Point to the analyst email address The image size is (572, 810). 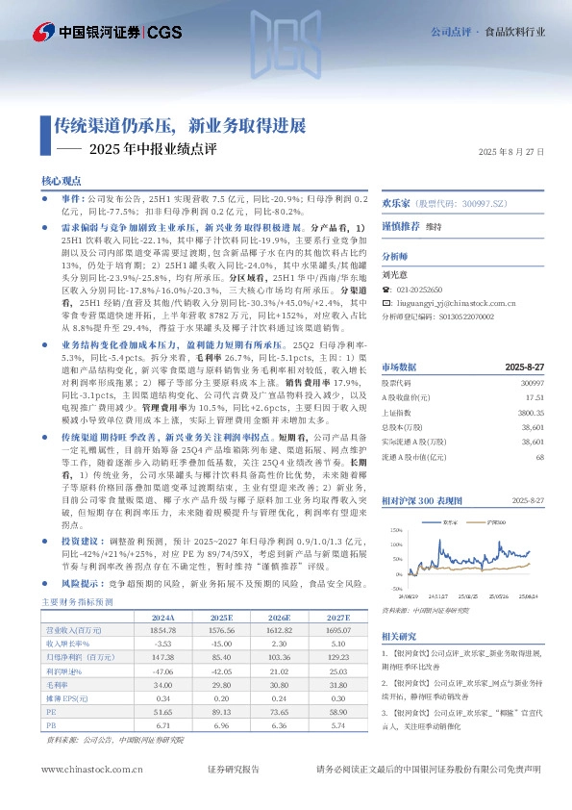pos(464,302)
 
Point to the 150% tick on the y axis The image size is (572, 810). pos(394,530)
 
